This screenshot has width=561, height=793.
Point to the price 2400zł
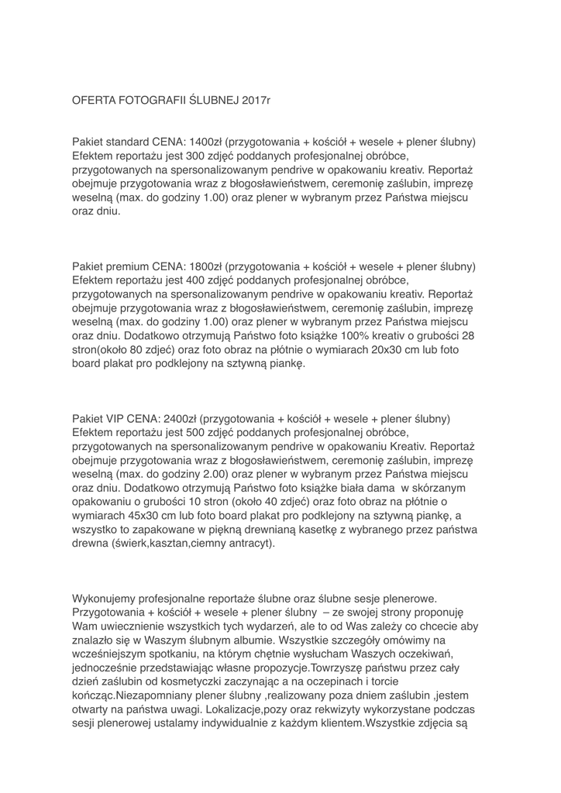pos(176,419)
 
